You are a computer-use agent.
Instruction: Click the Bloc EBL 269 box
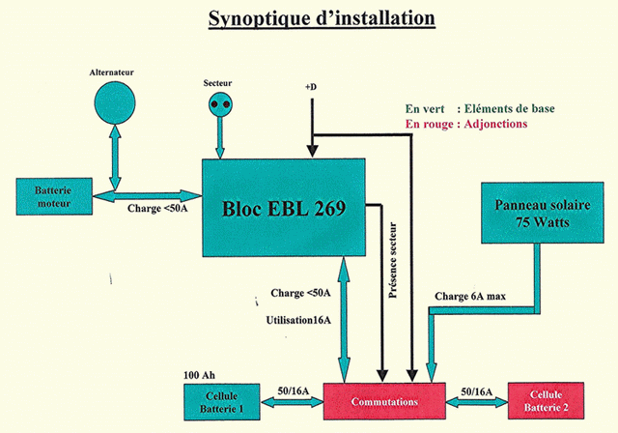tap(283, 208)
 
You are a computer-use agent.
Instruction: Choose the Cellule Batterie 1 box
tap(227, 401)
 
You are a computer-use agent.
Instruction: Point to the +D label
tap(311, 88)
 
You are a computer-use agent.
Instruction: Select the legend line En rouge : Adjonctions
tap(465, 124)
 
